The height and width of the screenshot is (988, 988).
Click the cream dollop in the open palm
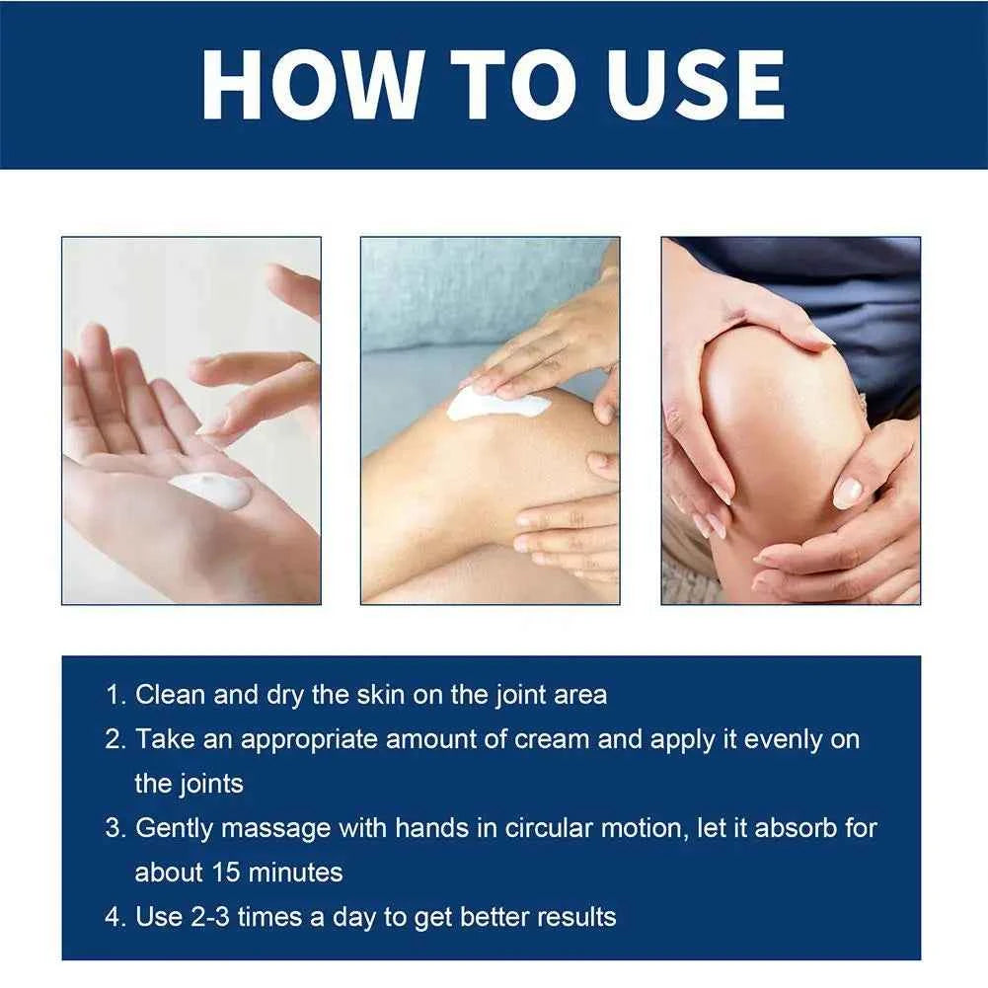[210, 490]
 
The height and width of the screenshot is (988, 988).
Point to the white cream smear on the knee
[496, 404]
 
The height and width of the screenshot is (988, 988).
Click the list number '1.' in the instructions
[115, 694]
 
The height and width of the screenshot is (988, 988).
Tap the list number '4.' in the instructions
[115, 917]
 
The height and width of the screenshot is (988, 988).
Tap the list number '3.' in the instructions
[115, 827]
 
